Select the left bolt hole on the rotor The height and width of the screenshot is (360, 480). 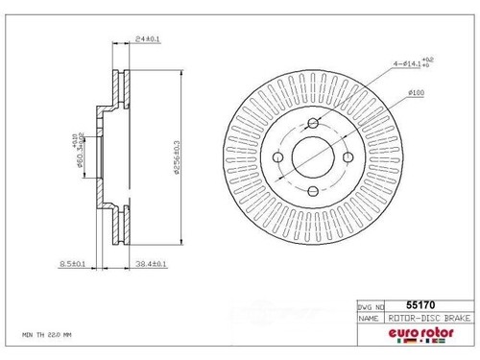pos(276,156)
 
